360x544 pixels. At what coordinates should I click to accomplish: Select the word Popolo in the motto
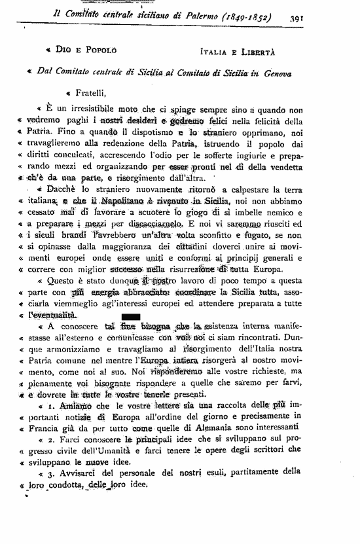pos(99,49)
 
